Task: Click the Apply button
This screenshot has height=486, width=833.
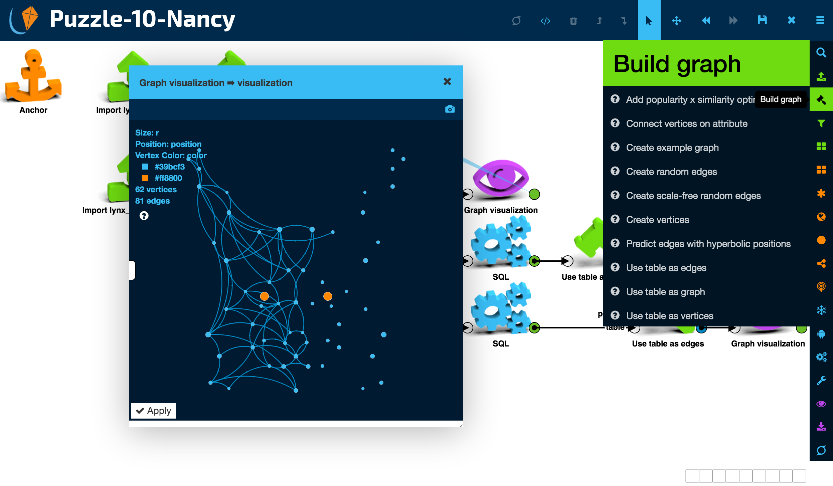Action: [153, 411]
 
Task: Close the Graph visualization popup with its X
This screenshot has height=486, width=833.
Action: [447, 82]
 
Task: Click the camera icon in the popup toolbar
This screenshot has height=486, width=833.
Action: [450, 109]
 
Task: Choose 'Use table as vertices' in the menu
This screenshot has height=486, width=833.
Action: [669, 316]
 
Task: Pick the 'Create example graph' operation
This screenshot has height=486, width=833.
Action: [672, 148]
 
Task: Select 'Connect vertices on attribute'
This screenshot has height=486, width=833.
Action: [686, 124]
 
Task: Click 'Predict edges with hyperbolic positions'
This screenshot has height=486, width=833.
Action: [708, 244]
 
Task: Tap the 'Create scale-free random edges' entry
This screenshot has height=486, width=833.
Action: [693, 196]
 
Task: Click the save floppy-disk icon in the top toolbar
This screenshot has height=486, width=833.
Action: [762, 20]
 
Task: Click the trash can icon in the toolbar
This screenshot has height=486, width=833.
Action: [573, 21]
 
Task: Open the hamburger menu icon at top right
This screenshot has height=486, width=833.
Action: [820, 20]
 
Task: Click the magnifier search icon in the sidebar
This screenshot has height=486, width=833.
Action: [821, 53]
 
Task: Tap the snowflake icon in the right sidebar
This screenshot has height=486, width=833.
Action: [821, 310]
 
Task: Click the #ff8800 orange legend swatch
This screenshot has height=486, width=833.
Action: [145, 178]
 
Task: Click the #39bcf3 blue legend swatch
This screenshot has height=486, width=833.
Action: [145, 167]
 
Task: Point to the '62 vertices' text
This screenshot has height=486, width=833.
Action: [156, 190]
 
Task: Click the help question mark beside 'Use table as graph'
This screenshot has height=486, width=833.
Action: [615, 291]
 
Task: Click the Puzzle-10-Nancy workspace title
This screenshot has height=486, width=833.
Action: [142, 19]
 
